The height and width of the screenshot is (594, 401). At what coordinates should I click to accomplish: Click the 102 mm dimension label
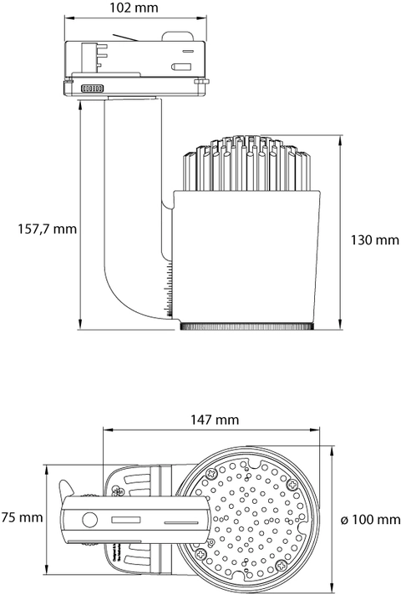pos(134,8)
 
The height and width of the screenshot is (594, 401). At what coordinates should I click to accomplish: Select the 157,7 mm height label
pos(48,229)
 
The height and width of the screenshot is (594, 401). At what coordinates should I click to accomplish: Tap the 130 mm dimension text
pos(375,239)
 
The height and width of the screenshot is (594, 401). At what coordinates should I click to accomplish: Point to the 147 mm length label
pos(215,420)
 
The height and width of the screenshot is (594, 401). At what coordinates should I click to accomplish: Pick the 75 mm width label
pos(22,517)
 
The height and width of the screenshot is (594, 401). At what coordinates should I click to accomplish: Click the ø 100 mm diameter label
pos(371,520)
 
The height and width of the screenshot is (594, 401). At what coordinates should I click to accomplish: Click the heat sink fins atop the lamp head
pos(246,163)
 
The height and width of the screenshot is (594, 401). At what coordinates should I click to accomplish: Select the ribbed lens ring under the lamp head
pos(247,326)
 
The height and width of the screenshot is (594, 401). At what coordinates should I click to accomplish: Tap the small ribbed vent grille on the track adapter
pos(92,88)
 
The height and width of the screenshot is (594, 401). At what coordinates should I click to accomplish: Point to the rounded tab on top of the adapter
pos(178,36)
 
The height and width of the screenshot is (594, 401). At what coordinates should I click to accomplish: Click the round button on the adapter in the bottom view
pos(90,520)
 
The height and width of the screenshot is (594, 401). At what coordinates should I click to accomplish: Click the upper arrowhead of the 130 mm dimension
pos(341,139)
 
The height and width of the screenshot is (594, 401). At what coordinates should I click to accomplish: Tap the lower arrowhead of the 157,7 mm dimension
pos(80,325)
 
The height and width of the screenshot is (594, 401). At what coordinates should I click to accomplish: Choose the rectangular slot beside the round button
pos(126,520)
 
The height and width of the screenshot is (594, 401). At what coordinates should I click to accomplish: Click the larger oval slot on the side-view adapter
pos(180,67)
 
